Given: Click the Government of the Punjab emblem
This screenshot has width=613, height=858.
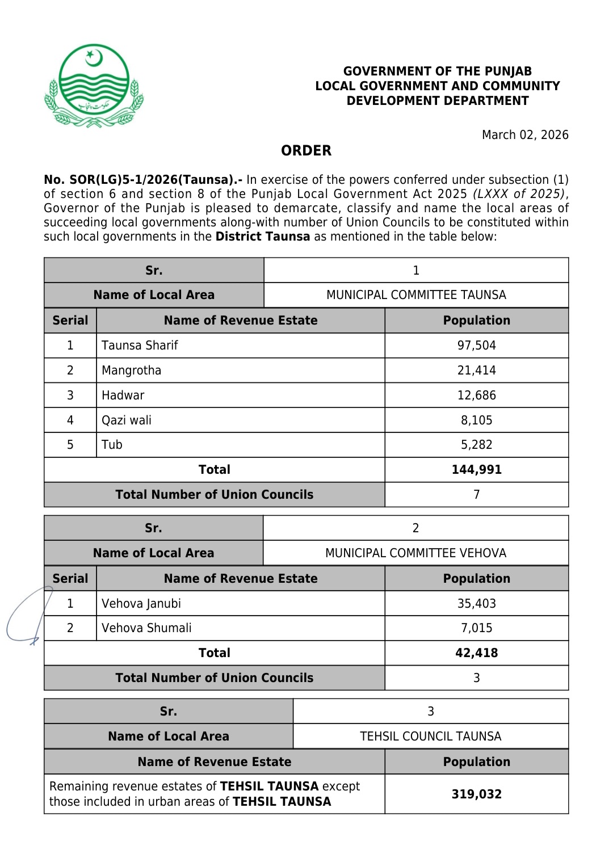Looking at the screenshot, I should pos(94,86).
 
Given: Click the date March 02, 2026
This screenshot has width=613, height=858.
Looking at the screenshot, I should pos(524,135).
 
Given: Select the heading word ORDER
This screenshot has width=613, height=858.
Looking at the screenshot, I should pos(306,151).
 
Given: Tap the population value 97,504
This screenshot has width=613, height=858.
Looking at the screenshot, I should pos(476,346).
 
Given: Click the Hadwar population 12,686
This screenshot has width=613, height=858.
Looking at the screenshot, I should pos(476,396).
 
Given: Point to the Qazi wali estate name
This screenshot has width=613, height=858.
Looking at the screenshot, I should pos(127,420).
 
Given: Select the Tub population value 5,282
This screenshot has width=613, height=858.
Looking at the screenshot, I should pos(476,445).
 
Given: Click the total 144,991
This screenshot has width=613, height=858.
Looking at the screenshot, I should pos(476,470).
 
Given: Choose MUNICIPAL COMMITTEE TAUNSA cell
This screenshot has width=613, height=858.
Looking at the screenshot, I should pos(416,295).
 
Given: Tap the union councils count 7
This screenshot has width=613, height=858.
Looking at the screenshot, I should pos(476,495).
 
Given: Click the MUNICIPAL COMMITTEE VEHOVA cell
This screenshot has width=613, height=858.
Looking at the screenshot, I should pos(415,553).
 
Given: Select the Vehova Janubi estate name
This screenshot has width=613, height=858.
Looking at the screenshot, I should pos(141,604).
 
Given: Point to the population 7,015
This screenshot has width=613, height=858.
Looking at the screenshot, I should pos(476,628).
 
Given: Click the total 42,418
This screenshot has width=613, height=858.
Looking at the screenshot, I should pos(476,653).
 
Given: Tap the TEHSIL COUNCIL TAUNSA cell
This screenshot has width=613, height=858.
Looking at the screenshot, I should pos(430,737).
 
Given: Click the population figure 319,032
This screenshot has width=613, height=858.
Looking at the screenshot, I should pos(476,794).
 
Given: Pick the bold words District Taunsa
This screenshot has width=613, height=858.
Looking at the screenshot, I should pos(263,237).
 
